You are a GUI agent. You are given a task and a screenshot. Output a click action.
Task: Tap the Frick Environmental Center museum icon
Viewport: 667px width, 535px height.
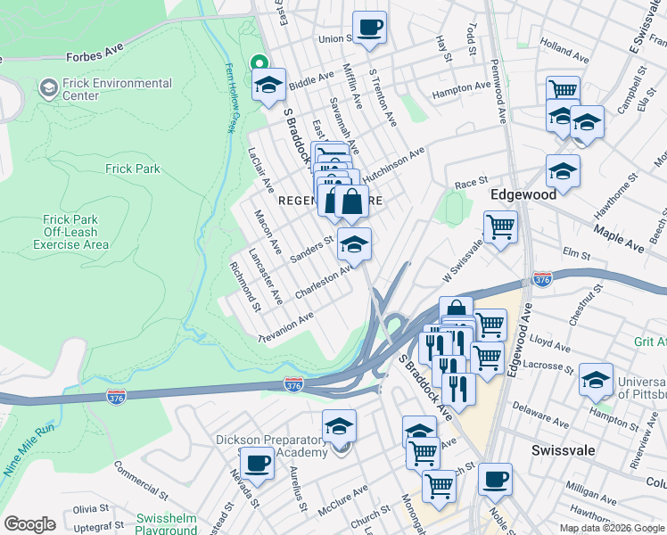pyautogui.click(x=48, y=88)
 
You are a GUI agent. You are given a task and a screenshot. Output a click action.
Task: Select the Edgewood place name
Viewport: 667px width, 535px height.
pyautogui.click(x=523, y=193)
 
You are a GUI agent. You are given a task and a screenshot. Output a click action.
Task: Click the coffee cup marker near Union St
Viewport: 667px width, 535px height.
pyautogui.click(x=369, y=27)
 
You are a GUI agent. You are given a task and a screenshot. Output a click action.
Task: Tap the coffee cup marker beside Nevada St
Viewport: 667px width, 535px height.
pyautogui.click(x=257, y=463)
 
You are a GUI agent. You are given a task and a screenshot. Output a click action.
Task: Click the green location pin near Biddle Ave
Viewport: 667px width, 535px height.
pyautogui.click(x=259, y=63)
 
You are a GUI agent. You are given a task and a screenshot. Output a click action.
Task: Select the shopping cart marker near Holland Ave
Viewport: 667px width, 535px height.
pyautogui.click(x=563, y=91)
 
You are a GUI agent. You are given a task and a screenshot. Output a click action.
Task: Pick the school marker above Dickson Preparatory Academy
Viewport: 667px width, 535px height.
pyautogui.click(x=339, y=426)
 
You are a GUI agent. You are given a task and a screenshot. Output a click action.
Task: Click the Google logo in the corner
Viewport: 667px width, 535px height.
pyautogui.click(x=29, y=524)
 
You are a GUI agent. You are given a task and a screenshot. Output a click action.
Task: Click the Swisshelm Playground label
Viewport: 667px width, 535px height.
pyautogui.click(x=166, y=524)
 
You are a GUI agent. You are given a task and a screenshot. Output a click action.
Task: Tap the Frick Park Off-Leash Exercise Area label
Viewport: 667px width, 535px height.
pyautogui.click(x=76, y=232)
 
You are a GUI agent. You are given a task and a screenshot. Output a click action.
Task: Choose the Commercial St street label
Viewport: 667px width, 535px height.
pyautogui.click(x=140, y=478)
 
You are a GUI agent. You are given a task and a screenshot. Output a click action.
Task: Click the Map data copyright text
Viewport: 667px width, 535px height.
pyautogui.click(x=611, y=528)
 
